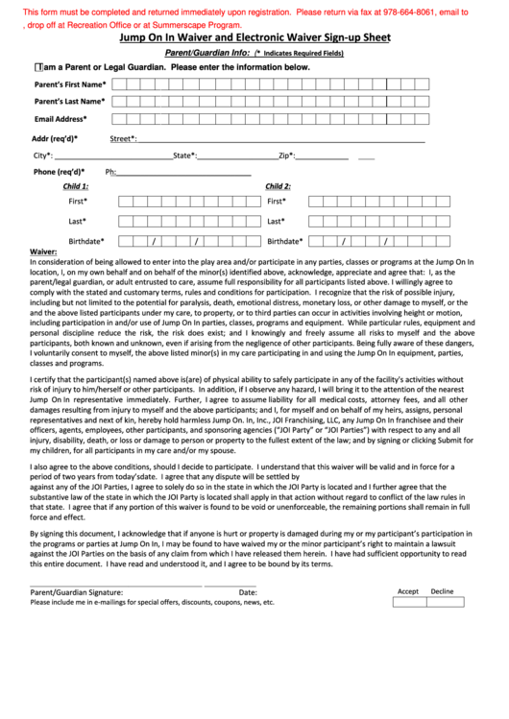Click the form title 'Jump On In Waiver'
(254, 38)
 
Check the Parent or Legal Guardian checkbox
(36, 68)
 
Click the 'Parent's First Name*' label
(69, 84)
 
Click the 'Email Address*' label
(61, 119)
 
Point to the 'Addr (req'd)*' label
(55, 138)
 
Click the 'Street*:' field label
(123, 138)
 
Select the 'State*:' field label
(184, 156)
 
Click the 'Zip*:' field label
(286, 156)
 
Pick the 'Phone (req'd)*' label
(60, 172)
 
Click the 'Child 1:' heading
(76, 186)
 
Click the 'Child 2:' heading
(278, 186)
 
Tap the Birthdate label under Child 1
(86, 241)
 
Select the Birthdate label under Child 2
(285, 241)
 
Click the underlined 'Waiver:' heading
(44, 252)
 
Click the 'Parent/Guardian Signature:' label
(77, 592)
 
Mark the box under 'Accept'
(408, 603)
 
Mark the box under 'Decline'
(442, 603)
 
